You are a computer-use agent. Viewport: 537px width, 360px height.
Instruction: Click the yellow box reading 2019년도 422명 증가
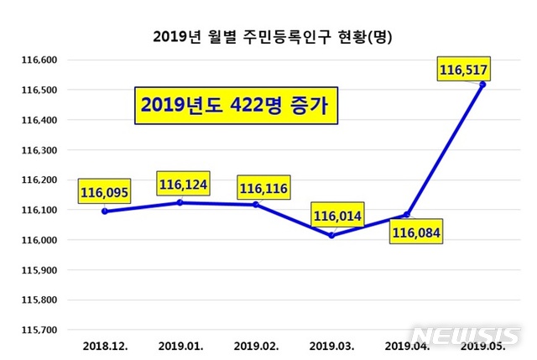[x=235, y=106]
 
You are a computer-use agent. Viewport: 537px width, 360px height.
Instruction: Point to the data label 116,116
[x=263, y=189]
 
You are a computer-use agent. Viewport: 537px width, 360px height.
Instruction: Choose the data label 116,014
[x=338, y=217]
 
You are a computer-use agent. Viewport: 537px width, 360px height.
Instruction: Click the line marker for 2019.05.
[x=482, y=85]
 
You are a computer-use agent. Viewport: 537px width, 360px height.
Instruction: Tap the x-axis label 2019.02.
[x=255, y=345]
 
